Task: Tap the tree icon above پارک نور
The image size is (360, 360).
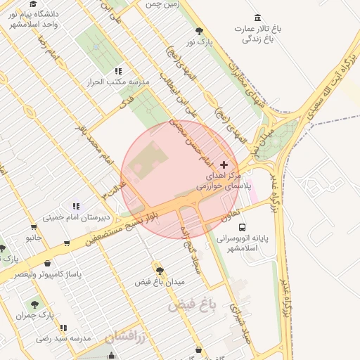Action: pos(200,31)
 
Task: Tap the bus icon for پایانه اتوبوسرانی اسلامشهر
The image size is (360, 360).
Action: pos(242,228)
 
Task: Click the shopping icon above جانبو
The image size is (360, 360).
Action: pos(34,227)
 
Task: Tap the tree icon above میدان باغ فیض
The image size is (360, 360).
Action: pos(160,269)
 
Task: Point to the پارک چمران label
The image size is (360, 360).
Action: pos(35,316)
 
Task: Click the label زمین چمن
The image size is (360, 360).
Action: pos(162,4)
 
